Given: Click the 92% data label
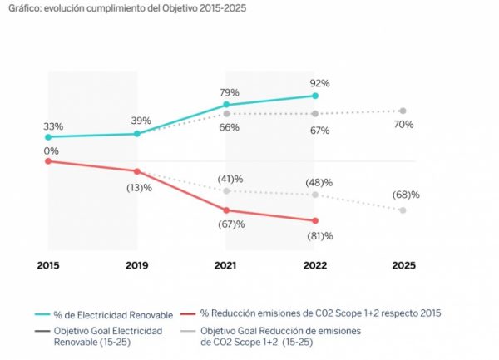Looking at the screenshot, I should [319, 83].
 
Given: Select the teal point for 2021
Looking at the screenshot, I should [225, 105].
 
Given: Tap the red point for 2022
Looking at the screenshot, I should [314, 221].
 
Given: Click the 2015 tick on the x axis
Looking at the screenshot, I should [48, 266].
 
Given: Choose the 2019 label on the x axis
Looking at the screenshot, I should [137, 266].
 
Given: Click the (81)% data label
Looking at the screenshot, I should [320, 236].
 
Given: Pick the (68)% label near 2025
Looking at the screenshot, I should [406, 195].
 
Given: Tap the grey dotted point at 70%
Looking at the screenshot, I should [403, 111].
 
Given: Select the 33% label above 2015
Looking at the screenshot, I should [54, 126].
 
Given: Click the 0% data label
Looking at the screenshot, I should [52, 150].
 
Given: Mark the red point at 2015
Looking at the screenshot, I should [48, 161].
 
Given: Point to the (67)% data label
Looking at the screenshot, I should [231, 224].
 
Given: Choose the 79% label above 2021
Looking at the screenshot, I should [230, 92].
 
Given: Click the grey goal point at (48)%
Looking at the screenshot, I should [314, 195].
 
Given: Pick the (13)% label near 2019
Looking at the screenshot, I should [138, 187].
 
